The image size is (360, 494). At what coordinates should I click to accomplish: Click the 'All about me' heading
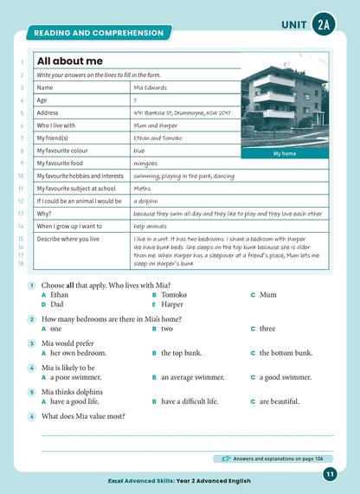(69, 61)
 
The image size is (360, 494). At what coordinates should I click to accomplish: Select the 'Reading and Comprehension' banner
(98, 33)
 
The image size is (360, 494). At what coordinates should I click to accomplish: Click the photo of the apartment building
(284, 101)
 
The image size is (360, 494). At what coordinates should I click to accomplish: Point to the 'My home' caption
(284, 154)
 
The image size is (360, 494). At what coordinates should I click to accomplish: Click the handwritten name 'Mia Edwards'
(152, 87)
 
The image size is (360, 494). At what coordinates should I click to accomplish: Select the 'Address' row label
(50, 112)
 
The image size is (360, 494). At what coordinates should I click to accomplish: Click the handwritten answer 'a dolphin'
(150, 200)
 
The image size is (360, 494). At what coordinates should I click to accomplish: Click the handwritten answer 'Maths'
(145, 188)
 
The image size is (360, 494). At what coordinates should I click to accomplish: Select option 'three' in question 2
(267, 329)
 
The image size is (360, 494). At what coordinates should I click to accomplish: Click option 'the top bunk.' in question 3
(182, 353)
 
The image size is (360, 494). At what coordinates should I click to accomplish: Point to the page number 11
(330, 473)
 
